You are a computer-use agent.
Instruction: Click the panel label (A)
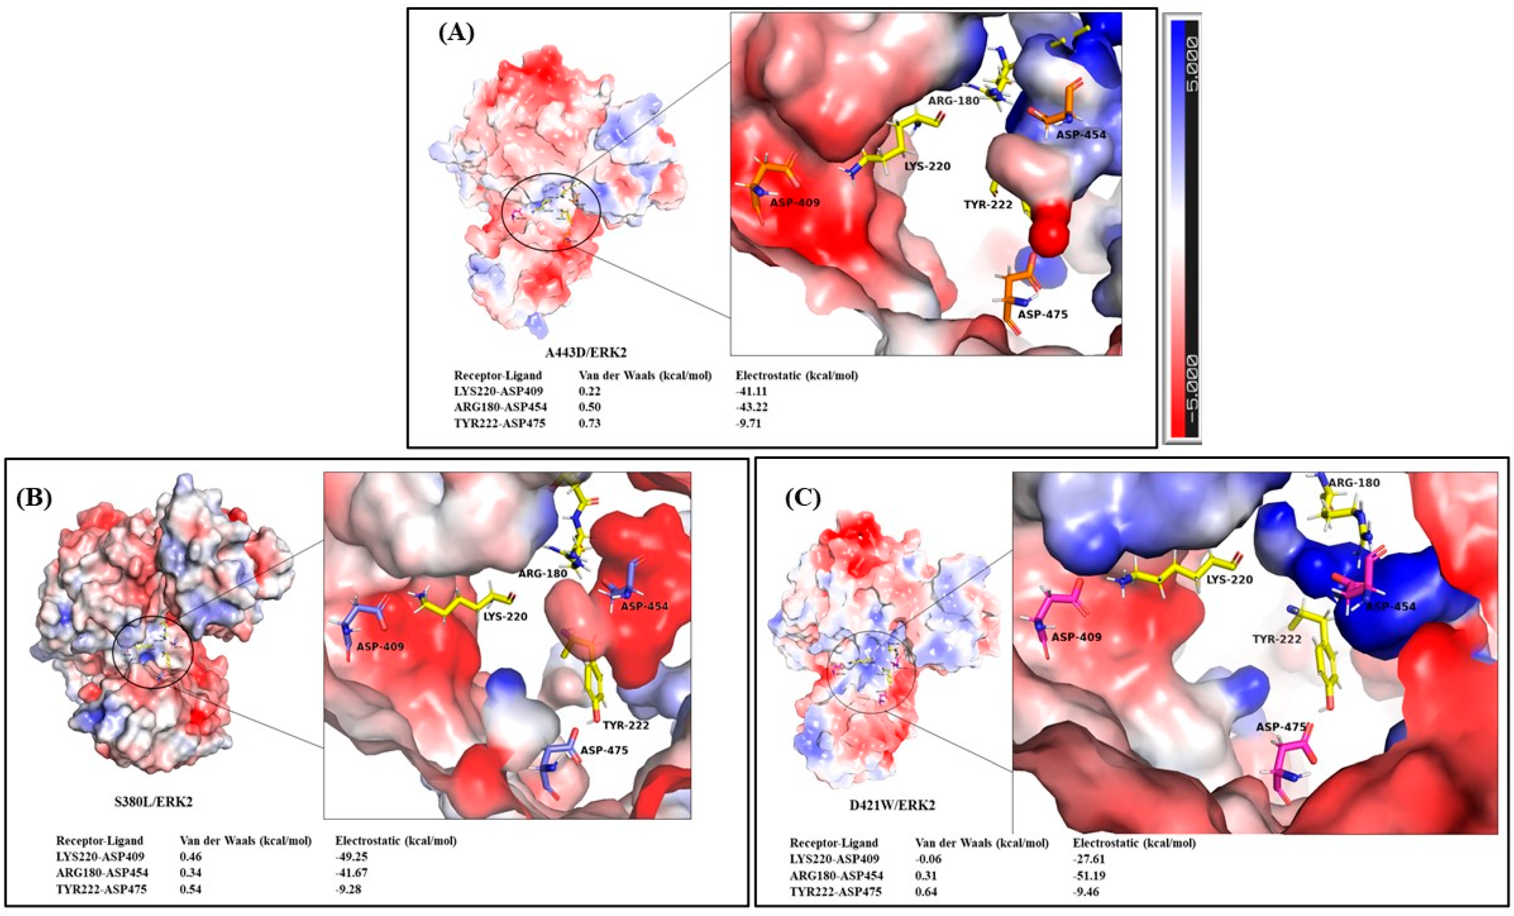[457, 32]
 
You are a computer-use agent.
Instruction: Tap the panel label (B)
[34, 498]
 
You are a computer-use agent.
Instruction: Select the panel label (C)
[802, 499]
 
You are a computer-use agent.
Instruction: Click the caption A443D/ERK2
[579, 353]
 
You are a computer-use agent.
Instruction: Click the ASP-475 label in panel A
[1043, 315]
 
